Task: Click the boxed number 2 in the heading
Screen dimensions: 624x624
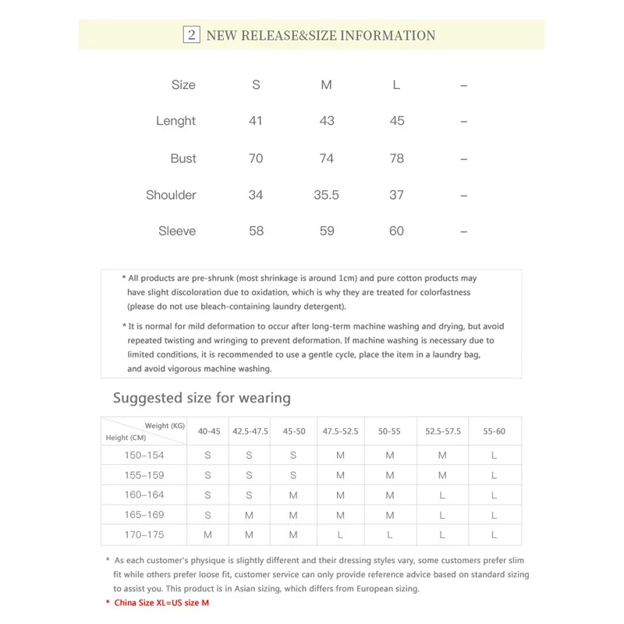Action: tap(191, 35)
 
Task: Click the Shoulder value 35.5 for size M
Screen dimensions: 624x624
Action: tap(326, 195)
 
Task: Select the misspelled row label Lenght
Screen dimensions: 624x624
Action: tap(175, 121)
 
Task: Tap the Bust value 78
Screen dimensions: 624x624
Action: tap(396, 158)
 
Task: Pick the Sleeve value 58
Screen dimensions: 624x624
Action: tap(256, 231)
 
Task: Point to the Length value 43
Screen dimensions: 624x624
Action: tap(327, 121)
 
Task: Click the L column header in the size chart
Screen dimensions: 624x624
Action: tap(396, 85)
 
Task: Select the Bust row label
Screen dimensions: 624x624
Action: tap(183, 158)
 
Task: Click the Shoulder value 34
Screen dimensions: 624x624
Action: tap(256, 195)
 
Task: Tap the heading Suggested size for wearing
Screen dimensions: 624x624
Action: tap(201, 398)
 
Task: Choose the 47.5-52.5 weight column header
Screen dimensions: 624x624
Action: tap(340, 431)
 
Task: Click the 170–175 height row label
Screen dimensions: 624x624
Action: tap(144, 535)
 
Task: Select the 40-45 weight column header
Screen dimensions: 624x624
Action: tap(208, 431)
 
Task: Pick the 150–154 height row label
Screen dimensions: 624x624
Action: tap(144, 455)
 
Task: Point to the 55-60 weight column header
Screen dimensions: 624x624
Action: tap(494, 431)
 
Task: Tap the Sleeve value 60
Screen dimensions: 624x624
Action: tap(396, 231)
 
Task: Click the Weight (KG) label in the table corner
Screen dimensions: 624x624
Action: tap(165, 425)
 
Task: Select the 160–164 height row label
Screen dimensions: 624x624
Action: tap(144, 495)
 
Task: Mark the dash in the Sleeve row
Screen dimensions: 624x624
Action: tap(463, 231)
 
